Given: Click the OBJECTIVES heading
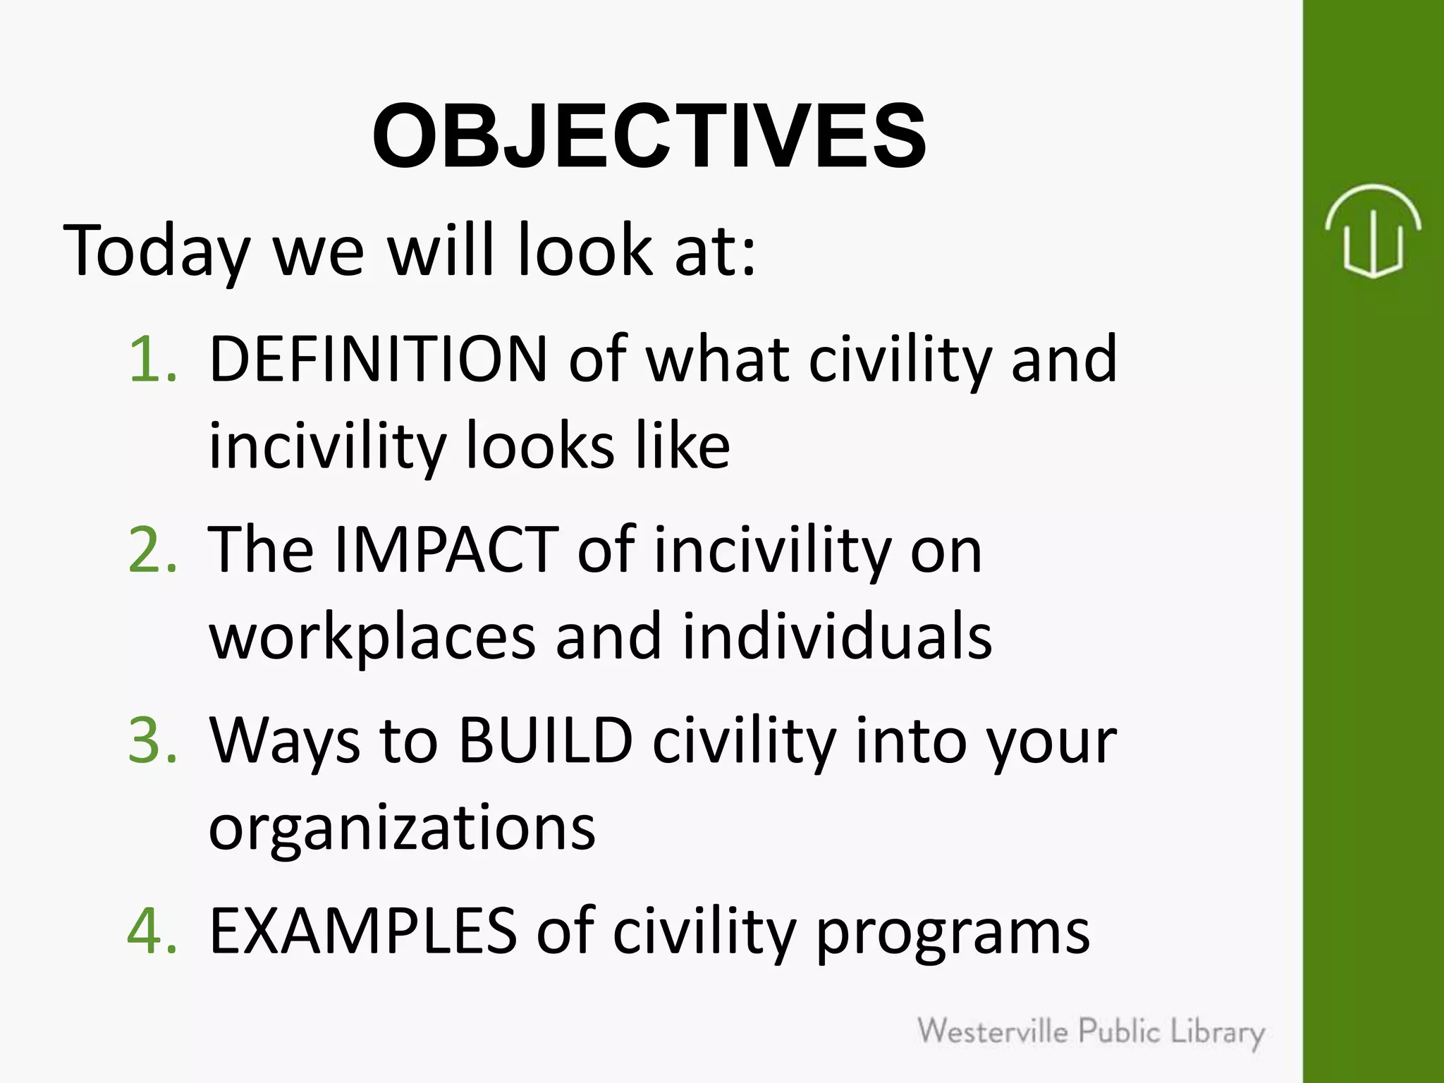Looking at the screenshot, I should click(x=649, y=136).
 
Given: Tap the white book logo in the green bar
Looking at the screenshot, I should click(x=1372, y=231).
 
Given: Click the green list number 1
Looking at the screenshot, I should click(x=152, y=359).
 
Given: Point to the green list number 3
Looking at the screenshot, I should click(x=152, y=740).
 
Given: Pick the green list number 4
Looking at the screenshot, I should click(x=152, y=931).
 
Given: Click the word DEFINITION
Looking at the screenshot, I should click(x=379, y=359).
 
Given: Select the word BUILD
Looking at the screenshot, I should click(x=545, y=740).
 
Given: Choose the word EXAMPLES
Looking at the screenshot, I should click(x=363, y=931).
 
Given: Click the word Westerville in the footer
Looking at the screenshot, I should click(x=993, y=1032).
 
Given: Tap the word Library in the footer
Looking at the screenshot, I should click(x=1218, y=1033).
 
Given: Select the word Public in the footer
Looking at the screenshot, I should click(x=1120, y=1032).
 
